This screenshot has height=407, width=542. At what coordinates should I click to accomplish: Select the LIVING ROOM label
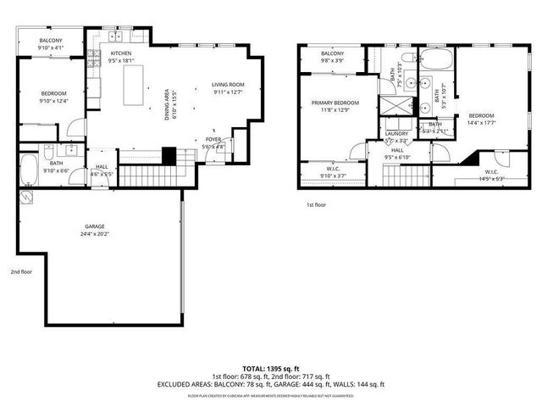[227, 85]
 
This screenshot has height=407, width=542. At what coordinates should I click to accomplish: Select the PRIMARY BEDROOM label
[335, 103]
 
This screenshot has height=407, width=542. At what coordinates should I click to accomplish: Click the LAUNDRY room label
[396, 133]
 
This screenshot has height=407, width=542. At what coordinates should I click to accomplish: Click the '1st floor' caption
[316, 204]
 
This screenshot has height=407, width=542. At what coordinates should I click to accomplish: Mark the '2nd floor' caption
[22, 272]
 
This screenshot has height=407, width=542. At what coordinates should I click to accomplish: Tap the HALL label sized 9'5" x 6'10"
[396, 153]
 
